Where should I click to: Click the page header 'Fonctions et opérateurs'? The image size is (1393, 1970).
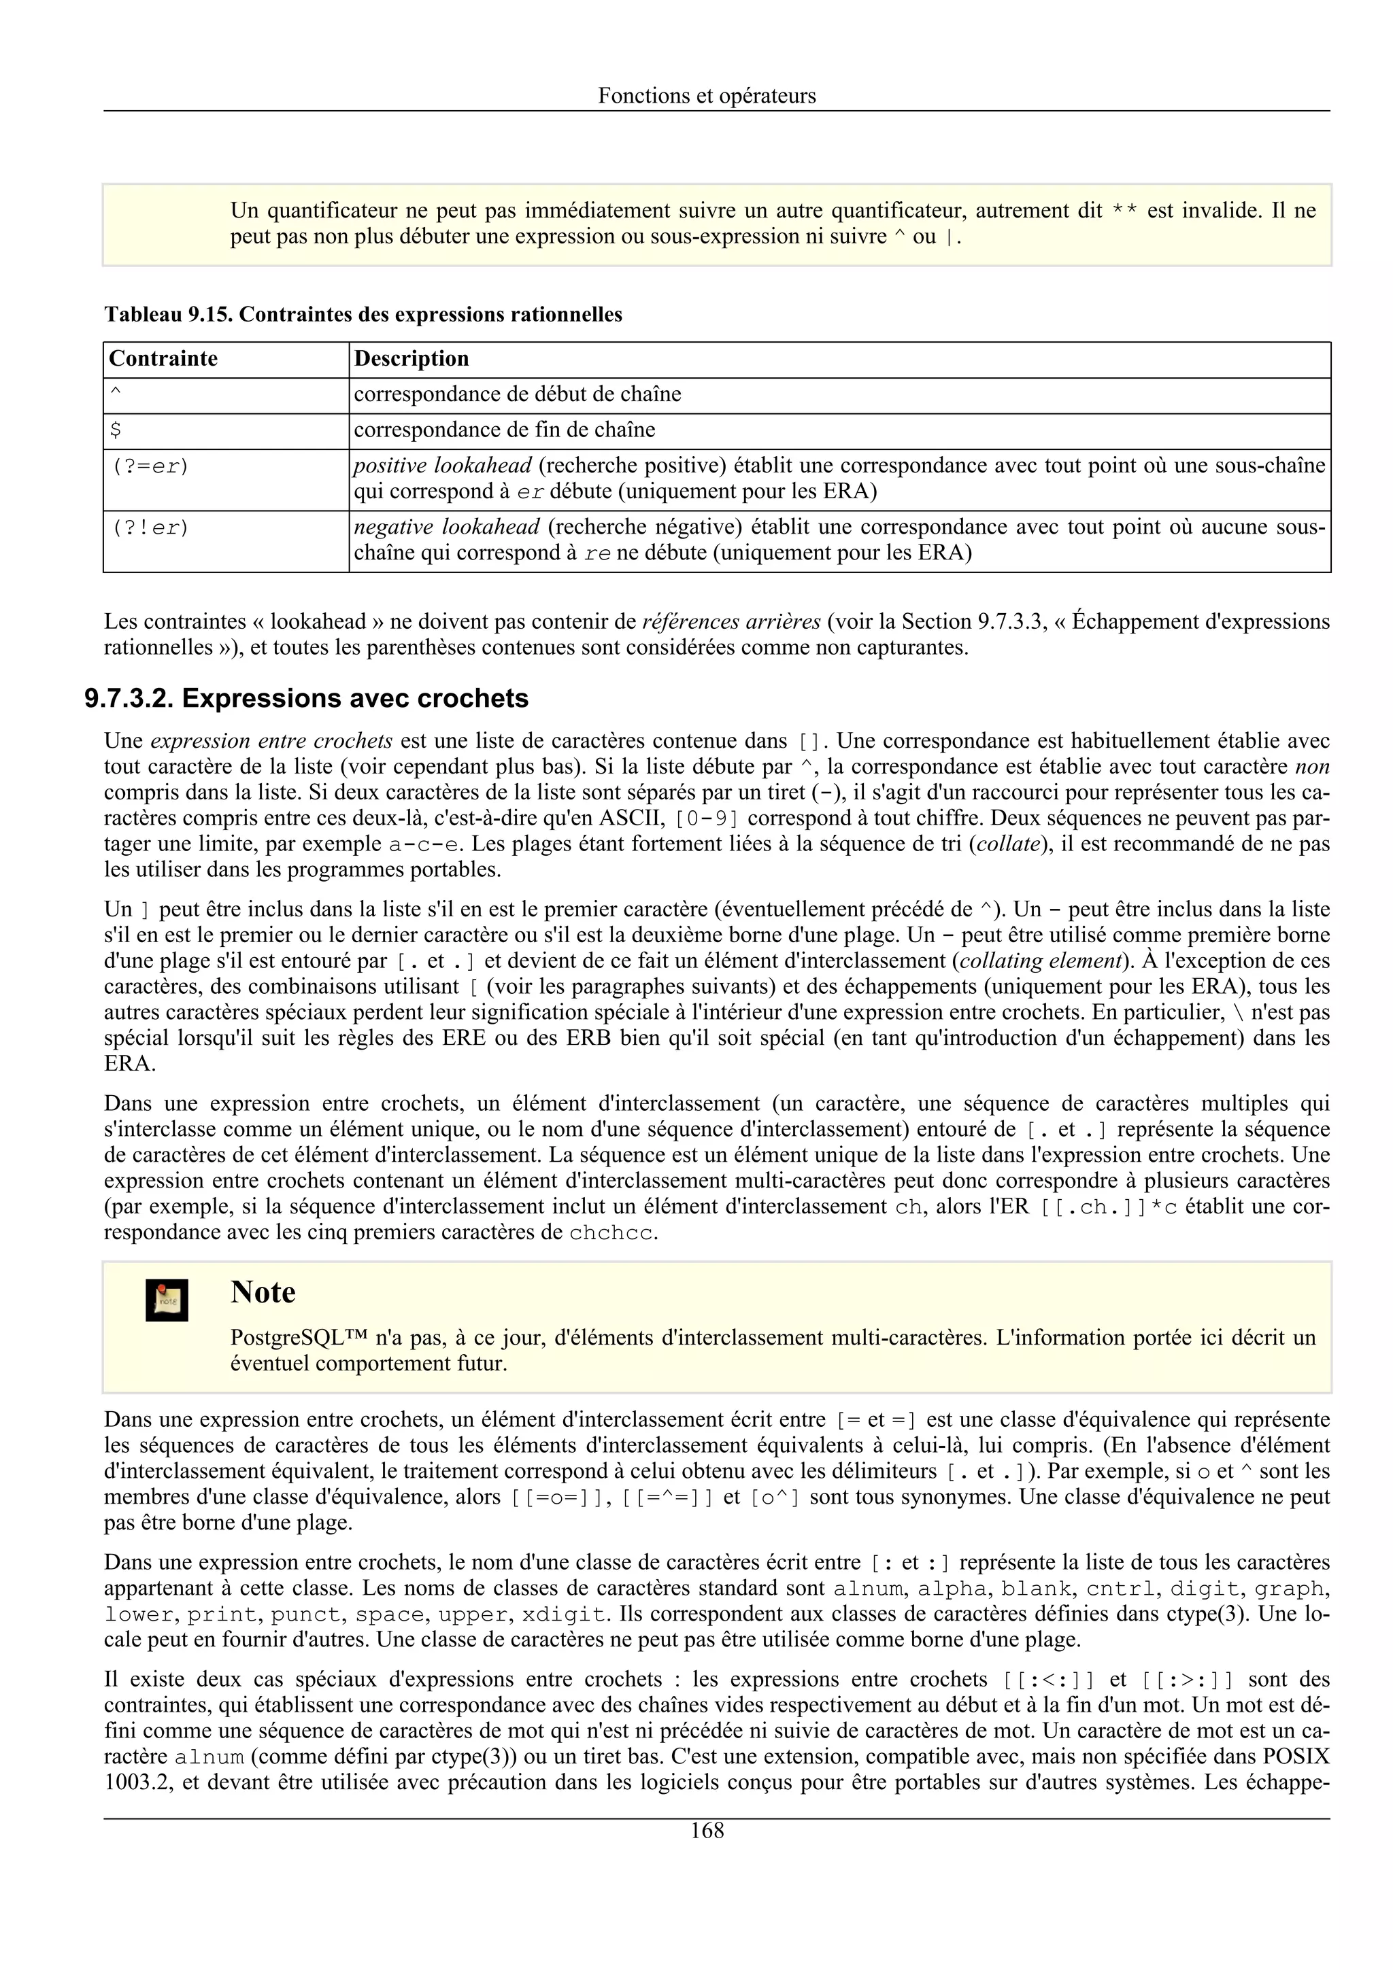(x=707, y=95)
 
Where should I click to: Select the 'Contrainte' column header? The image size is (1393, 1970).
(x=163, y=359)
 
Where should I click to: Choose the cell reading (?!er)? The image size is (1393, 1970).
(x=150, y=528)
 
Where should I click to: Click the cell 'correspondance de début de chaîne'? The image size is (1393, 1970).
(x=518, y=395)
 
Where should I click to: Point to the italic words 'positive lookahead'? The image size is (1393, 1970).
(x=443, y=466)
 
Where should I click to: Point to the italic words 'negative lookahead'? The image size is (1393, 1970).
(x=446, y=527)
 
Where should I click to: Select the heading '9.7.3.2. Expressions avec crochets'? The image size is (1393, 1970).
(x=306, y=698)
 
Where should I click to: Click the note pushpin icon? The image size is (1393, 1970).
(x=167, y=1300)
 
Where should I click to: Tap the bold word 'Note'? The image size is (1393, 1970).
(x=263, y=1292)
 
